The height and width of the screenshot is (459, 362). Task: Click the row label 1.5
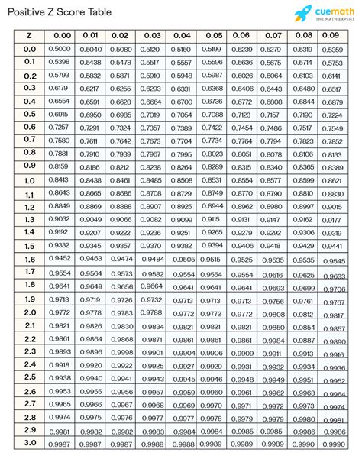click(29, 246)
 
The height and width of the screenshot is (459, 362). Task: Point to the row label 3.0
click(29, 443)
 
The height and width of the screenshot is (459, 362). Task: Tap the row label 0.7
click(29, 140)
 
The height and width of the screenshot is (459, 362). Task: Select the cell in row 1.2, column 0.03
click(150, 207)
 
